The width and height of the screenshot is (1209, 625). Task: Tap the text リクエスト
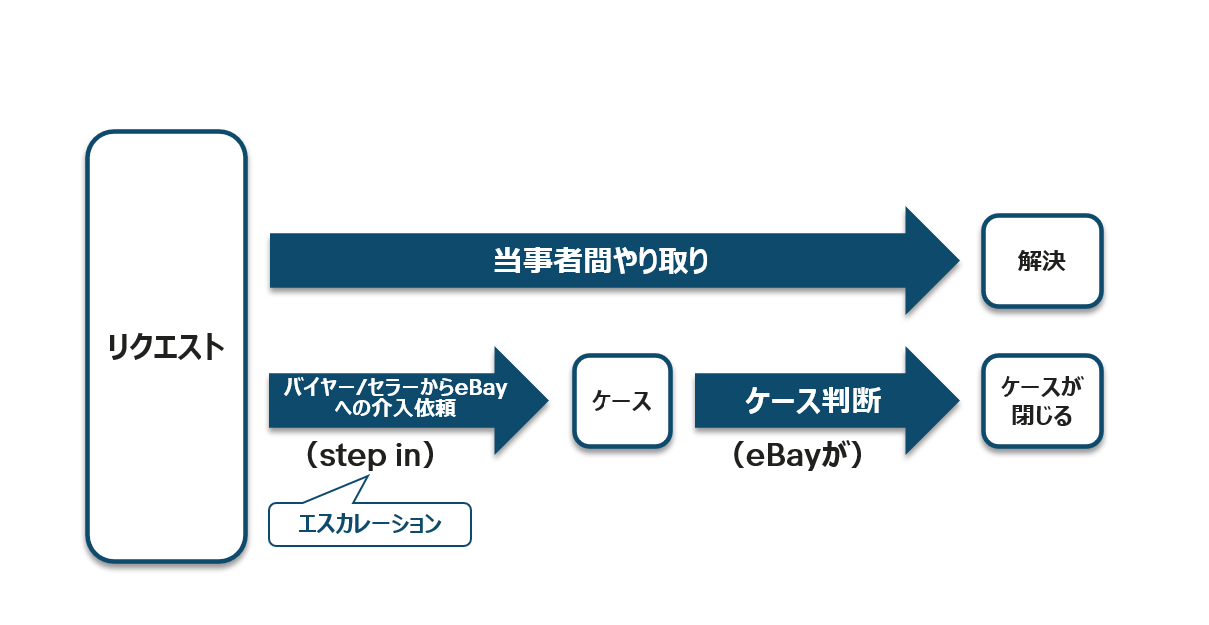(167, 347)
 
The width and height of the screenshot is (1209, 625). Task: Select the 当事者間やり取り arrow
(614, 261)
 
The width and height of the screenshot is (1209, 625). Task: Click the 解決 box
(1041, 261)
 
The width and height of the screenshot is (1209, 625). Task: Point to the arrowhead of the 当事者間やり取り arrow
(958, 261)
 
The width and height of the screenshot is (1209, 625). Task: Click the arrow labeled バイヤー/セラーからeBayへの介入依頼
(409, 400)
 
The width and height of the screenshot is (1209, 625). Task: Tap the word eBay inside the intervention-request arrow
(481, 387)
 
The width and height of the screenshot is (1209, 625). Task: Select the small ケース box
(622, 401)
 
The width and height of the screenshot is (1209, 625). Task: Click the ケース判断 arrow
(827, 400)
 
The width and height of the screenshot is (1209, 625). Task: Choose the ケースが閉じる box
(1041, 401)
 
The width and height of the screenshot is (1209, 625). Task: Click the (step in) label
(370, 456)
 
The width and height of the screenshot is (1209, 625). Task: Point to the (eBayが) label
(797, 456)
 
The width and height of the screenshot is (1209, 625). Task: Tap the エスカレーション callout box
(370, 524)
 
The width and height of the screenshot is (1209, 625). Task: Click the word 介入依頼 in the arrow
(422, 408)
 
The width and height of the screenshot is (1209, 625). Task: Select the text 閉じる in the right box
(1041, 416)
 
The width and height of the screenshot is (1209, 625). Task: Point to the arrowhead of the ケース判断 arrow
(958, 400)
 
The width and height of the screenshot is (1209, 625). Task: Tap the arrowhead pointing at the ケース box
(548, 400)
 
